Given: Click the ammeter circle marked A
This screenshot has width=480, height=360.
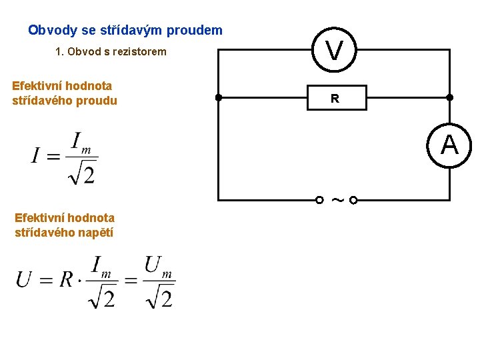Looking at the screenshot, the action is (x=449, y=145).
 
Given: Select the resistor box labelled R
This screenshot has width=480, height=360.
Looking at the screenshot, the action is (x=335, y=98).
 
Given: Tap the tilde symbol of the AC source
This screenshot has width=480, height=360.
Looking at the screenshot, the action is (x=336, y=199).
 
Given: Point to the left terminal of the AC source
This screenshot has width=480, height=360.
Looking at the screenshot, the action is (x=320, y=200).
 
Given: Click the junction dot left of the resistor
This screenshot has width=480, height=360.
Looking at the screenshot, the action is (x=219, y=98).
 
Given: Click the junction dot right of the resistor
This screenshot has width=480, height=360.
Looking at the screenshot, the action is (x=450, y=98).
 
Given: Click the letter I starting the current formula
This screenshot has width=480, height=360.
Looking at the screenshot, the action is (x=35, y=157).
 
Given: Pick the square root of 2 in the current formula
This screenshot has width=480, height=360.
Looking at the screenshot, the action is (x=82, y=174).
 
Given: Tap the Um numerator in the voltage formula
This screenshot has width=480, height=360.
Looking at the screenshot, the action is (x=158, y=267).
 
